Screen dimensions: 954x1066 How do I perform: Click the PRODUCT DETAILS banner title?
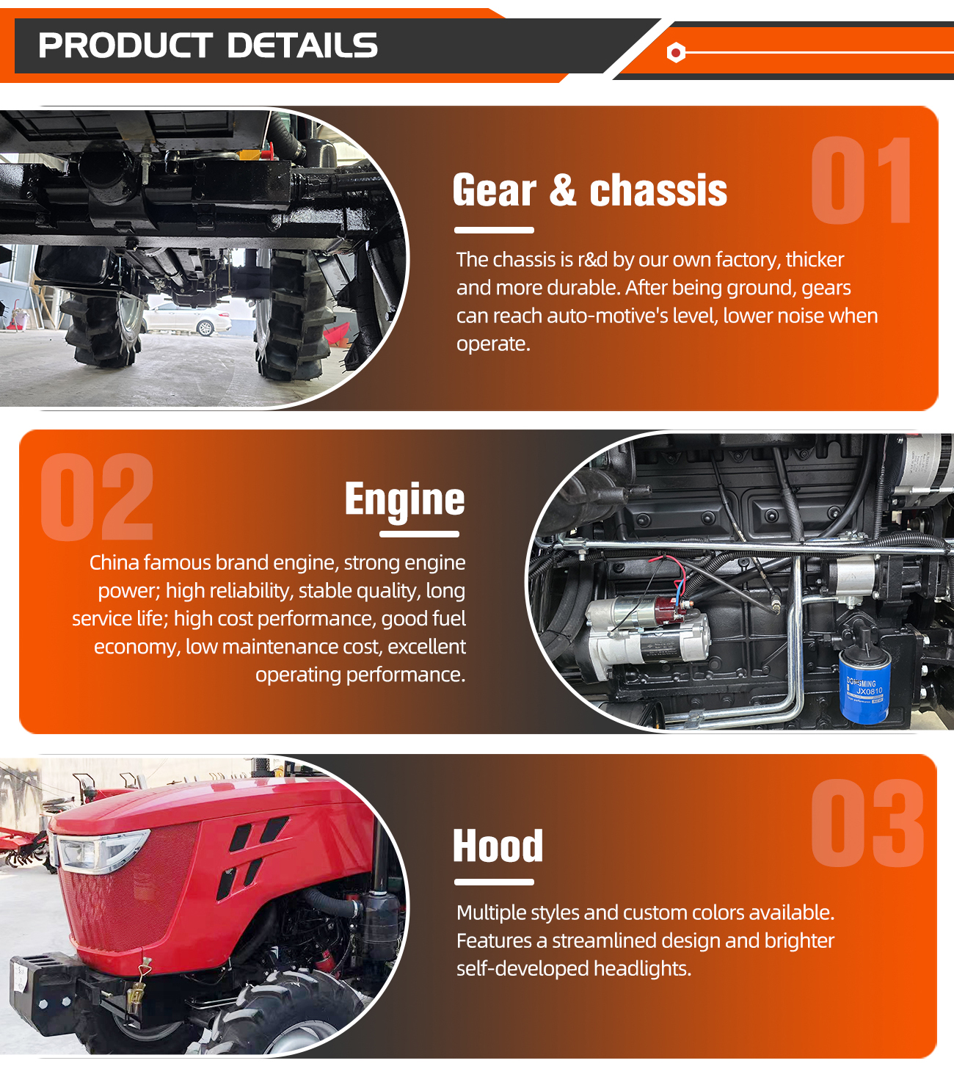[208, 46]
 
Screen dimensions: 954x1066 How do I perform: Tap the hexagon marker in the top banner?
[676, 53]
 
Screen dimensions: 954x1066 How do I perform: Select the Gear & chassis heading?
[589, 190]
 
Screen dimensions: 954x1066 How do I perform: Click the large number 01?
[861, 181]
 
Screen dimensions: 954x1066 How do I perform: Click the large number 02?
[98, 497]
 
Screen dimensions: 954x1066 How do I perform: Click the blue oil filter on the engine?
[864, 686]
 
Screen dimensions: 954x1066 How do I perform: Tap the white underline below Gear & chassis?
[494, 230]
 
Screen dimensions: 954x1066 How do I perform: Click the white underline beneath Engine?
[419, 534]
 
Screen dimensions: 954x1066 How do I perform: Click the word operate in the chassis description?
[492, 344]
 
